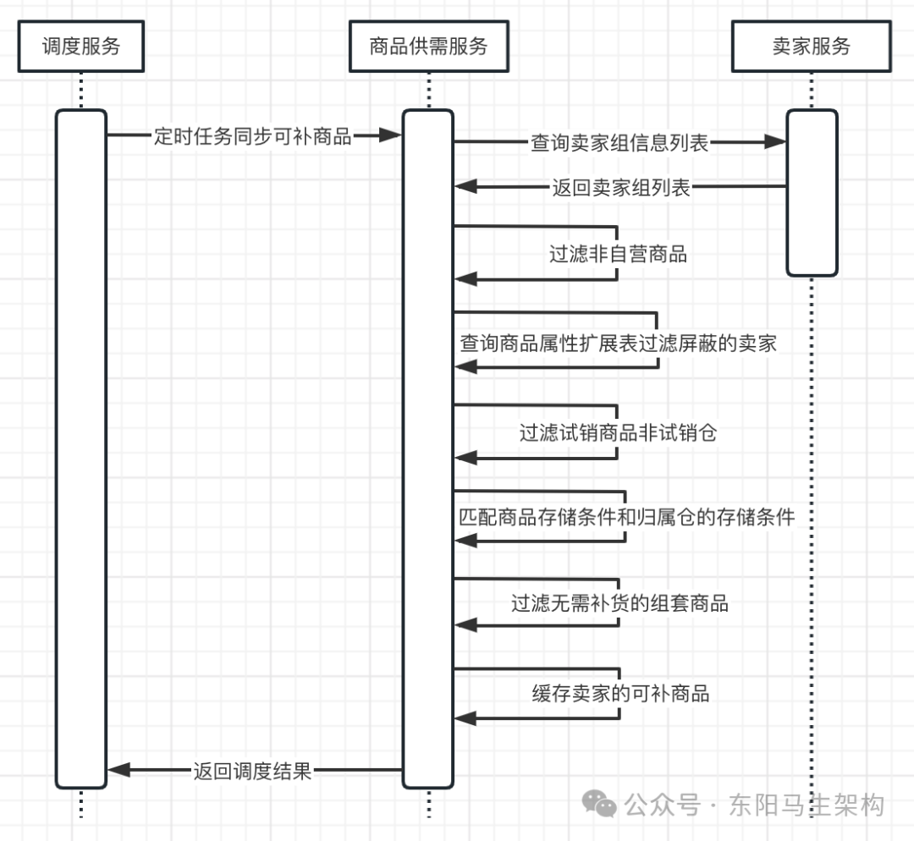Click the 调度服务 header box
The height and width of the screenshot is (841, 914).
pos(81,46)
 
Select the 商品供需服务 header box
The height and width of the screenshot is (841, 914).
pos(428,46)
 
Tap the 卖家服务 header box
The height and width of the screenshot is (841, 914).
pos(811,46)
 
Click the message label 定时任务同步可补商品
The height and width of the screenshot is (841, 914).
pos(253,136)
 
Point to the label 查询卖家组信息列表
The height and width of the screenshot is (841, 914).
pos(619,143)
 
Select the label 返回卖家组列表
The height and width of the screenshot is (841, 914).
pos(621,187)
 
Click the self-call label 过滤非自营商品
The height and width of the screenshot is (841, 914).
pos(618,254)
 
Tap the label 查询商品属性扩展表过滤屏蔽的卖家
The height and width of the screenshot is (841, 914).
pos(618,343)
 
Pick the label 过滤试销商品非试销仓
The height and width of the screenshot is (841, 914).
pos(618,433)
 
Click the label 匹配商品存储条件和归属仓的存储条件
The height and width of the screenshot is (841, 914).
pos(626,516)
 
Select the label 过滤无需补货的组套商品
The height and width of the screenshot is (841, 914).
pos(619,603)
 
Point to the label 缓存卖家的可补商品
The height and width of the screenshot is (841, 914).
pos(620,694)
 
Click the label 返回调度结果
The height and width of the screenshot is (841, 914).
pos(252,771)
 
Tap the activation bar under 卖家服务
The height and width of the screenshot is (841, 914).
pos(812,193)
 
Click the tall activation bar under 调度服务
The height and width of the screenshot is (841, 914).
pos(81,448)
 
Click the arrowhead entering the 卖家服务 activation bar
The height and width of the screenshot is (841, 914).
pos(775,143)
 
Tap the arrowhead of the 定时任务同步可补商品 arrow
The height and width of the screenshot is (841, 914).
pos(390,135)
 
